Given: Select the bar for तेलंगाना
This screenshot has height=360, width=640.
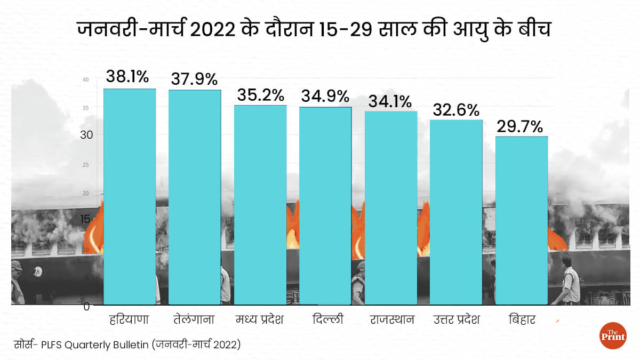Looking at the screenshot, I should point(195,197).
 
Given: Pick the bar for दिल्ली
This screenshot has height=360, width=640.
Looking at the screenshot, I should point(325,206).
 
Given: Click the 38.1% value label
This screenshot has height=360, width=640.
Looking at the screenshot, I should point(127,77).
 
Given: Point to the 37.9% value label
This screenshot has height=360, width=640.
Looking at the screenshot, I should point(194,79).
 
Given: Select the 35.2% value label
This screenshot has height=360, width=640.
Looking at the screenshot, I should point(260,94).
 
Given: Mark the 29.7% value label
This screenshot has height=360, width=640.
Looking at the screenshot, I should point(520,126).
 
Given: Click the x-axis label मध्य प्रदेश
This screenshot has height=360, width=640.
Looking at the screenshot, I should point(260,320).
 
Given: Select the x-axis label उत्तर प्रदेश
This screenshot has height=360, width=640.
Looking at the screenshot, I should point(457,320).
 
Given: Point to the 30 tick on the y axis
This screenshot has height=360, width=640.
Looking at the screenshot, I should point(86,135).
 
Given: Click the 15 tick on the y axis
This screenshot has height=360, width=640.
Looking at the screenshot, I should point(86,218).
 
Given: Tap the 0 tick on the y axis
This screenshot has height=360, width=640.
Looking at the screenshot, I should point(86,306).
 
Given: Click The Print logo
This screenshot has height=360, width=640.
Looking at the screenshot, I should point(613,336).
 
